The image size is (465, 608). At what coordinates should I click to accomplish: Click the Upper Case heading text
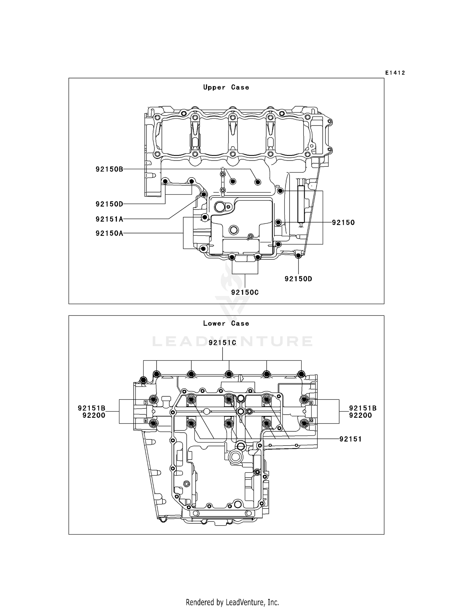click(226, 87)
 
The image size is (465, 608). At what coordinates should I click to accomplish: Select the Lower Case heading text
click(226, 324)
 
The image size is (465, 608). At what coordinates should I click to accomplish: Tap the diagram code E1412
click(395, 73)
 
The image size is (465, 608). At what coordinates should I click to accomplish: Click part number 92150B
click(109, 169)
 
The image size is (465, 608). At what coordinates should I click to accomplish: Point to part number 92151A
click(109, 219)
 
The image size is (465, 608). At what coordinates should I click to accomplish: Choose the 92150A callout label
click(109, 233)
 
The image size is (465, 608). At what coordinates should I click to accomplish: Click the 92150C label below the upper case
click(245, 292)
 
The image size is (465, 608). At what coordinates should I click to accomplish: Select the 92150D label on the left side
click(109, 204)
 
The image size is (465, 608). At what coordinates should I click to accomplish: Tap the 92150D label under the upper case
click(298, 279)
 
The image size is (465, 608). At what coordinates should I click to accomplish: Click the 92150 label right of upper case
click(343, 222)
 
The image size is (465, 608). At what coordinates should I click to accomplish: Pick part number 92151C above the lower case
click(223, 342)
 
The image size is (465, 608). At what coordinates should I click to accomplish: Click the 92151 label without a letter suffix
click(351, 439)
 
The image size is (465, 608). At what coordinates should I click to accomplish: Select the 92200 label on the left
click(94, 415)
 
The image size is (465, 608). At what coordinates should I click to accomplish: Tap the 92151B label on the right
click(363, 408)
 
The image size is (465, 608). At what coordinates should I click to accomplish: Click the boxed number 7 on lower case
click(145, 403)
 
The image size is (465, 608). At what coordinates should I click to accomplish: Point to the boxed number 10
click(311, 421)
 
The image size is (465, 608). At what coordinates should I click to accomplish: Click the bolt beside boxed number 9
click(304, 399)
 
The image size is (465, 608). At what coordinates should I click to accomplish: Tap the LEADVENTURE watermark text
click(232, 341)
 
